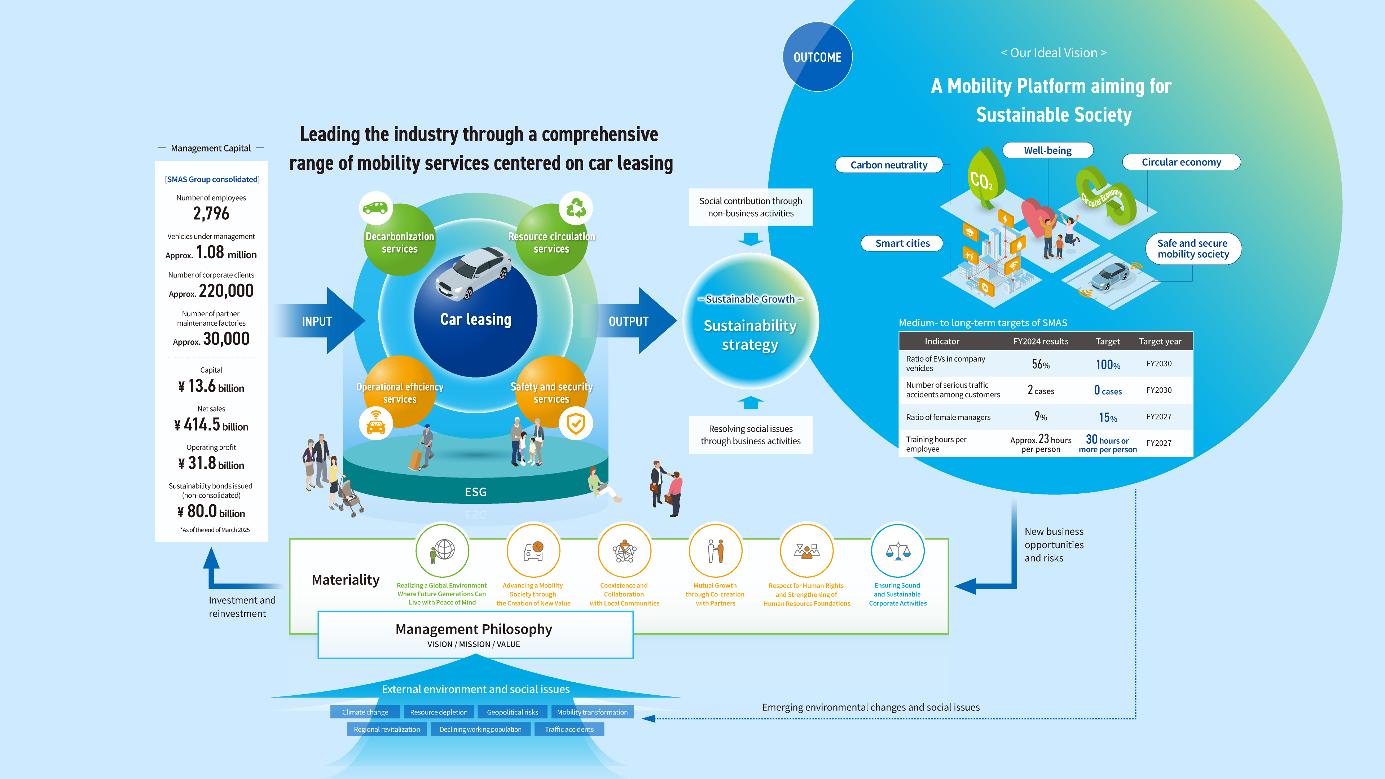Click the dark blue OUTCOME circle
[817, 57]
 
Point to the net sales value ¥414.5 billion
[211, 425]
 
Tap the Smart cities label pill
[902, 243]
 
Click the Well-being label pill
[1047, 150]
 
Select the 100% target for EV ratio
[1108, 365]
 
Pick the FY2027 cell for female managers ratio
[1158, 417]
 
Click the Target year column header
[1160, 342]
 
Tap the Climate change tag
[365, 712]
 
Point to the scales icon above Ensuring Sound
[897, 550]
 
